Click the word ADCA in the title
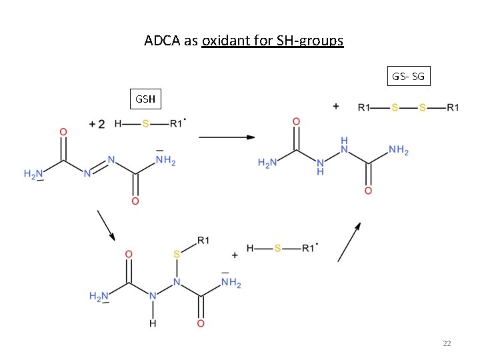162,41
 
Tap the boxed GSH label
145,99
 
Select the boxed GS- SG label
409,76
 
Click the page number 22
447,343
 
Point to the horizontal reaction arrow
227,137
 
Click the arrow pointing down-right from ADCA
106,225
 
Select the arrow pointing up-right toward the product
349,242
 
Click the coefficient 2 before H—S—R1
101,124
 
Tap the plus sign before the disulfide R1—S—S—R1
336,106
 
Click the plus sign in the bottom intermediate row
235,255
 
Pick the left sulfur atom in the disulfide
395,107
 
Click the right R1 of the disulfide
453,107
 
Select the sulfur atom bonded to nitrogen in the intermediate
177,254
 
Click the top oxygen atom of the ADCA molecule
63,132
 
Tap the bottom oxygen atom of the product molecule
368,191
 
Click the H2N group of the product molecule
267,163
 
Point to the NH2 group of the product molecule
399,150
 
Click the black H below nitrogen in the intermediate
153,323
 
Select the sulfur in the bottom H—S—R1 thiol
277,248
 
